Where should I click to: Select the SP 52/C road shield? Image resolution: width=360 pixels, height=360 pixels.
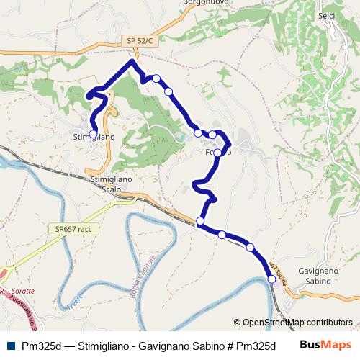140,41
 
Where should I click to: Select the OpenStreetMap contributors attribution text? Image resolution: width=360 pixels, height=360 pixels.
293,323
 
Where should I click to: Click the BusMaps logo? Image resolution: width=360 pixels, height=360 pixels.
325,344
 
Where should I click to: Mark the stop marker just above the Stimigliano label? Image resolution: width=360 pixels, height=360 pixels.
93,133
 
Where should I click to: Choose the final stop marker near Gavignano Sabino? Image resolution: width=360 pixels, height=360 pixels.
271,281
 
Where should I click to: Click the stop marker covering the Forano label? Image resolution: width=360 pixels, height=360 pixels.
217,152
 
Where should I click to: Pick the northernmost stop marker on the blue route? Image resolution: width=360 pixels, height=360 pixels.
156,78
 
